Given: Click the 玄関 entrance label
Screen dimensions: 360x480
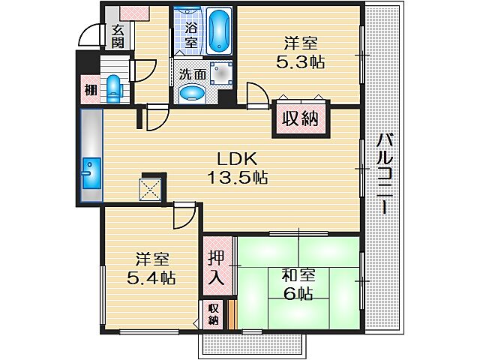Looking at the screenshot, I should point(118,37).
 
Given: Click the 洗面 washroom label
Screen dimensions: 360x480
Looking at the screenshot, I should point(192,74).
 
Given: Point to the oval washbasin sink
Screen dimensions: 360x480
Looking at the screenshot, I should point(193,94).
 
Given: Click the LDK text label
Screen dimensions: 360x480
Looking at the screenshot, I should point(238,159).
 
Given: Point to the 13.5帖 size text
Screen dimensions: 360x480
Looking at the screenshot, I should point(238,178).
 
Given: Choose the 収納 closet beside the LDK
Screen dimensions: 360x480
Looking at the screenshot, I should point(301,118).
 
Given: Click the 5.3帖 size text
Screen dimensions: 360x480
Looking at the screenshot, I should point(300,63).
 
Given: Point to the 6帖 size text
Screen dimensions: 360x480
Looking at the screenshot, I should point(298,294).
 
